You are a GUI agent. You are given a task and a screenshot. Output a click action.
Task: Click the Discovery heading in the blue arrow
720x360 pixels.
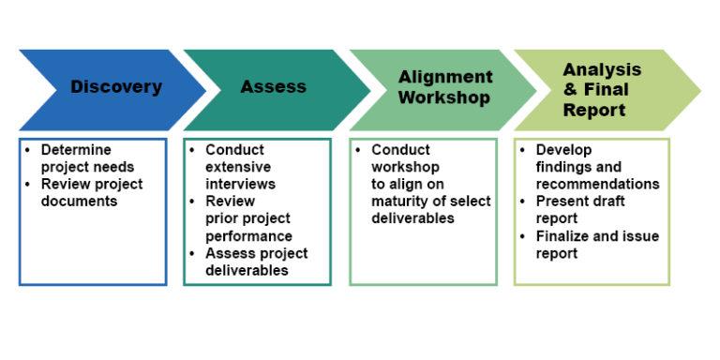[115, 87]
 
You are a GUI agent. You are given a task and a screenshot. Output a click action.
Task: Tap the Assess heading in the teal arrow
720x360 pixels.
[273, 87]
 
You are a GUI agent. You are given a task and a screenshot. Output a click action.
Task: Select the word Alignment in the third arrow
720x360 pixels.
[445, 77]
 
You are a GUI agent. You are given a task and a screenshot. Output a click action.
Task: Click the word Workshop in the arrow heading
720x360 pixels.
[444, 97]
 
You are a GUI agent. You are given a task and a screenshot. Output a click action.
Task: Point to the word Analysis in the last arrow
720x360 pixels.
[602, 69]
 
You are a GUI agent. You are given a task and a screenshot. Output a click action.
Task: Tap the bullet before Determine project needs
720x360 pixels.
[28, 150]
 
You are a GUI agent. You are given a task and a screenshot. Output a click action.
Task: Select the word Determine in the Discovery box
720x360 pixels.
[76, 150]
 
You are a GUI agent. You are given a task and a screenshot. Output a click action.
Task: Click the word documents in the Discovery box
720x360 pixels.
[79, 201]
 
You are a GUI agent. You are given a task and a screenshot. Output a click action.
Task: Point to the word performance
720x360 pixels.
[248, 236]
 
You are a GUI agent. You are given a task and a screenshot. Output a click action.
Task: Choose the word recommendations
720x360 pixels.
[597, 184]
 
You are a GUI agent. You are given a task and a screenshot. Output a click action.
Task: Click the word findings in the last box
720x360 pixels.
[564, 167]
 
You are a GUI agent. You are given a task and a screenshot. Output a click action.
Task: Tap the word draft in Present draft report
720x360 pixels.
[607, 202]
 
